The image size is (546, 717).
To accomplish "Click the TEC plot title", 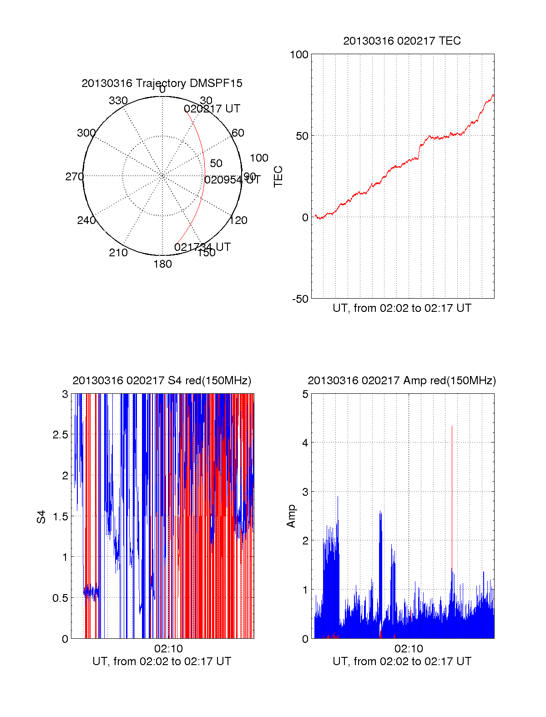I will click(x=402, y=41).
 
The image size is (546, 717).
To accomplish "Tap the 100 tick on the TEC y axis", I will click(x=299, y=55).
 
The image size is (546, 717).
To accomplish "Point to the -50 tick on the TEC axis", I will click(x=300, y=299).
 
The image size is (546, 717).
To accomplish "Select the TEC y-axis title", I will click(x=278, y=177).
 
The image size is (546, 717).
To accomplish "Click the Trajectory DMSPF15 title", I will click(x=162, y=83).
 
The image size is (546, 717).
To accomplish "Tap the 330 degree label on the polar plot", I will click(x=118, y=101).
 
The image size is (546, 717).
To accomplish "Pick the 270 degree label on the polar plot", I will click(x=74, y=177).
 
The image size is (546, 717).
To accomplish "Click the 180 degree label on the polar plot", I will click(x=162, y=264).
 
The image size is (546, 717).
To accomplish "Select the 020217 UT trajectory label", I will click(x=212, y=109).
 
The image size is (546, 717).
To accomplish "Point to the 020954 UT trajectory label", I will click(x=232, y=180).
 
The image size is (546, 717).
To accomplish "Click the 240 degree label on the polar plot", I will click(x=86, y=220).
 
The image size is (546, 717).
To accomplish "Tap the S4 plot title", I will click(x=162, y=381).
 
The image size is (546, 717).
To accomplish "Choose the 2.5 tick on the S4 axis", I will click(x=61, y=435).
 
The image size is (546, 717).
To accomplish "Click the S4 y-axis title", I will click(x=41, y=517).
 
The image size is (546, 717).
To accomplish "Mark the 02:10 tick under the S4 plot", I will click(x=168, y=649).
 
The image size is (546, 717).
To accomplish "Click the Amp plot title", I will click(x=402, y=381).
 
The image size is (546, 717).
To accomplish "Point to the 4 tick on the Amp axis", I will click(x=305, y=443).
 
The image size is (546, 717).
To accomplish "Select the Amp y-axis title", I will click(x=291, y=516).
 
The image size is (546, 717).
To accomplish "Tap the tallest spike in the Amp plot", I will click(x=452, y=428).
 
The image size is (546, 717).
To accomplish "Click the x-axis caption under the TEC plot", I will click(x=402, y=308).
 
